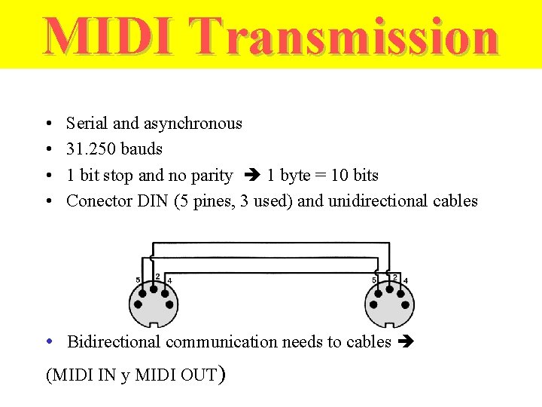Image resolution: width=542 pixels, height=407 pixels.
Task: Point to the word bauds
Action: pyautogui.click(x=142, y=149)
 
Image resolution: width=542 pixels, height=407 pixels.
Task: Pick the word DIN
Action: pyautogui.click(x=154, y=201)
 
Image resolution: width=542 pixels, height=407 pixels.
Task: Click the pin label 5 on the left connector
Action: pyautogui.click(x=139, y=280)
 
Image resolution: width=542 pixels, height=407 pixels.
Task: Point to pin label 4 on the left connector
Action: pyautogui.click(x=169, y=280)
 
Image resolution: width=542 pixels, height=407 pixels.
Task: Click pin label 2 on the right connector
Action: pyautogui.click(x=394, y=277)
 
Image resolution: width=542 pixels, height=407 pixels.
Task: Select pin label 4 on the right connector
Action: pyautogui.click(x=406, y=280)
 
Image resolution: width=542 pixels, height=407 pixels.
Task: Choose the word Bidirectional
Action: pyautogui.click(x=114, y=342)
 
